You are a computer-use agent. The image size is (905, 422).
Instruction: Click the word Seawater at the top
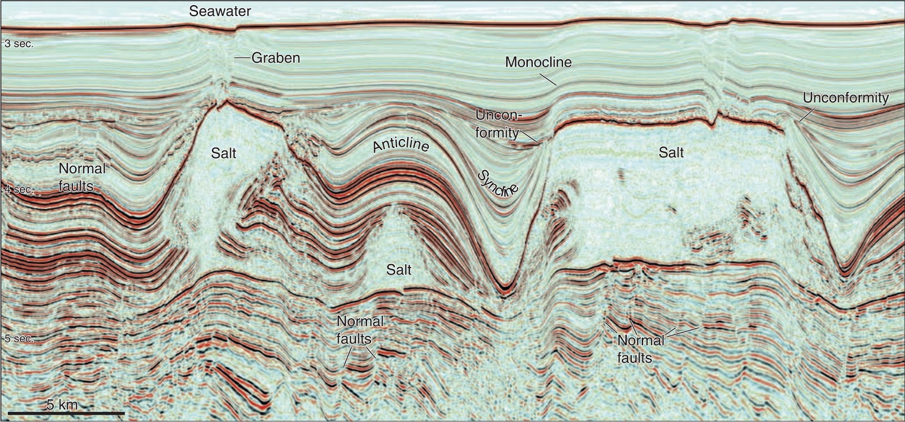220,11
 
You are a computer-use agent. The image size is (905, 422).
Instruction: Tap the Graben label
275,58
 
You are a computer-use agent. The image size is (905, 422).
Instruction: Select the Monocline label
538,62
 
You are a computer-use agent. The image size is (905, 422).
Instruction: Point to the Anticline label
401,146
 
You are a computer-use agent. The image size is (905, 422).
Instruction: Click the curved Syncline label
498,183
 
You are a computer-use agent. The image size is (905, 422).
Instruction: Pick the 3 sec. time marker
19,44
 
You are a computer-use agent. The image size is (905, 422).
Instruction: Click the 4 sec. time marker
19,190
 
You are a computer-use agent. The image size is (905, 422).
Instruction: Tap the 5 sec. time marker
19,339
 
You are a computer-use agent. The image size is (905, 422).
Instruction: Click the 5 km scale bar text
62,404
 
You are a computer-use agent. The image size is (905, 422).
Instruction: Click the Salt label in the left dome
223,153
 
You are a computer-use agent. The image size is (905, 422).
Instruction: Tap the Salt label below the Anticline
399,269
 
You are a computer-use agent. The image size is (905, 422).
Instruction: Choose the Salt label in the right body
671,152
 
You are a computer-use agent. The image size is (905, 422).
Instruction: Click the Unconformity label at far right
846,98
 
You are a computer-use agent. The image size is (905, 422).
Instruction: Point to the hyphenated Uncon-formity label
497,124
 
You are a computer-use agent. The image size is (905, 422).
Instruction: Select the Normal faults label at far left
82,176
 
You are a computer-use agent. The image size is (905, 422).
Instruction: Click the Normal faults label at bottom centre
360,330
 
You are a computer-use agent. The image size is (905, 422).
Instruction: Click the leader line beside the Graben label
242,58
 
